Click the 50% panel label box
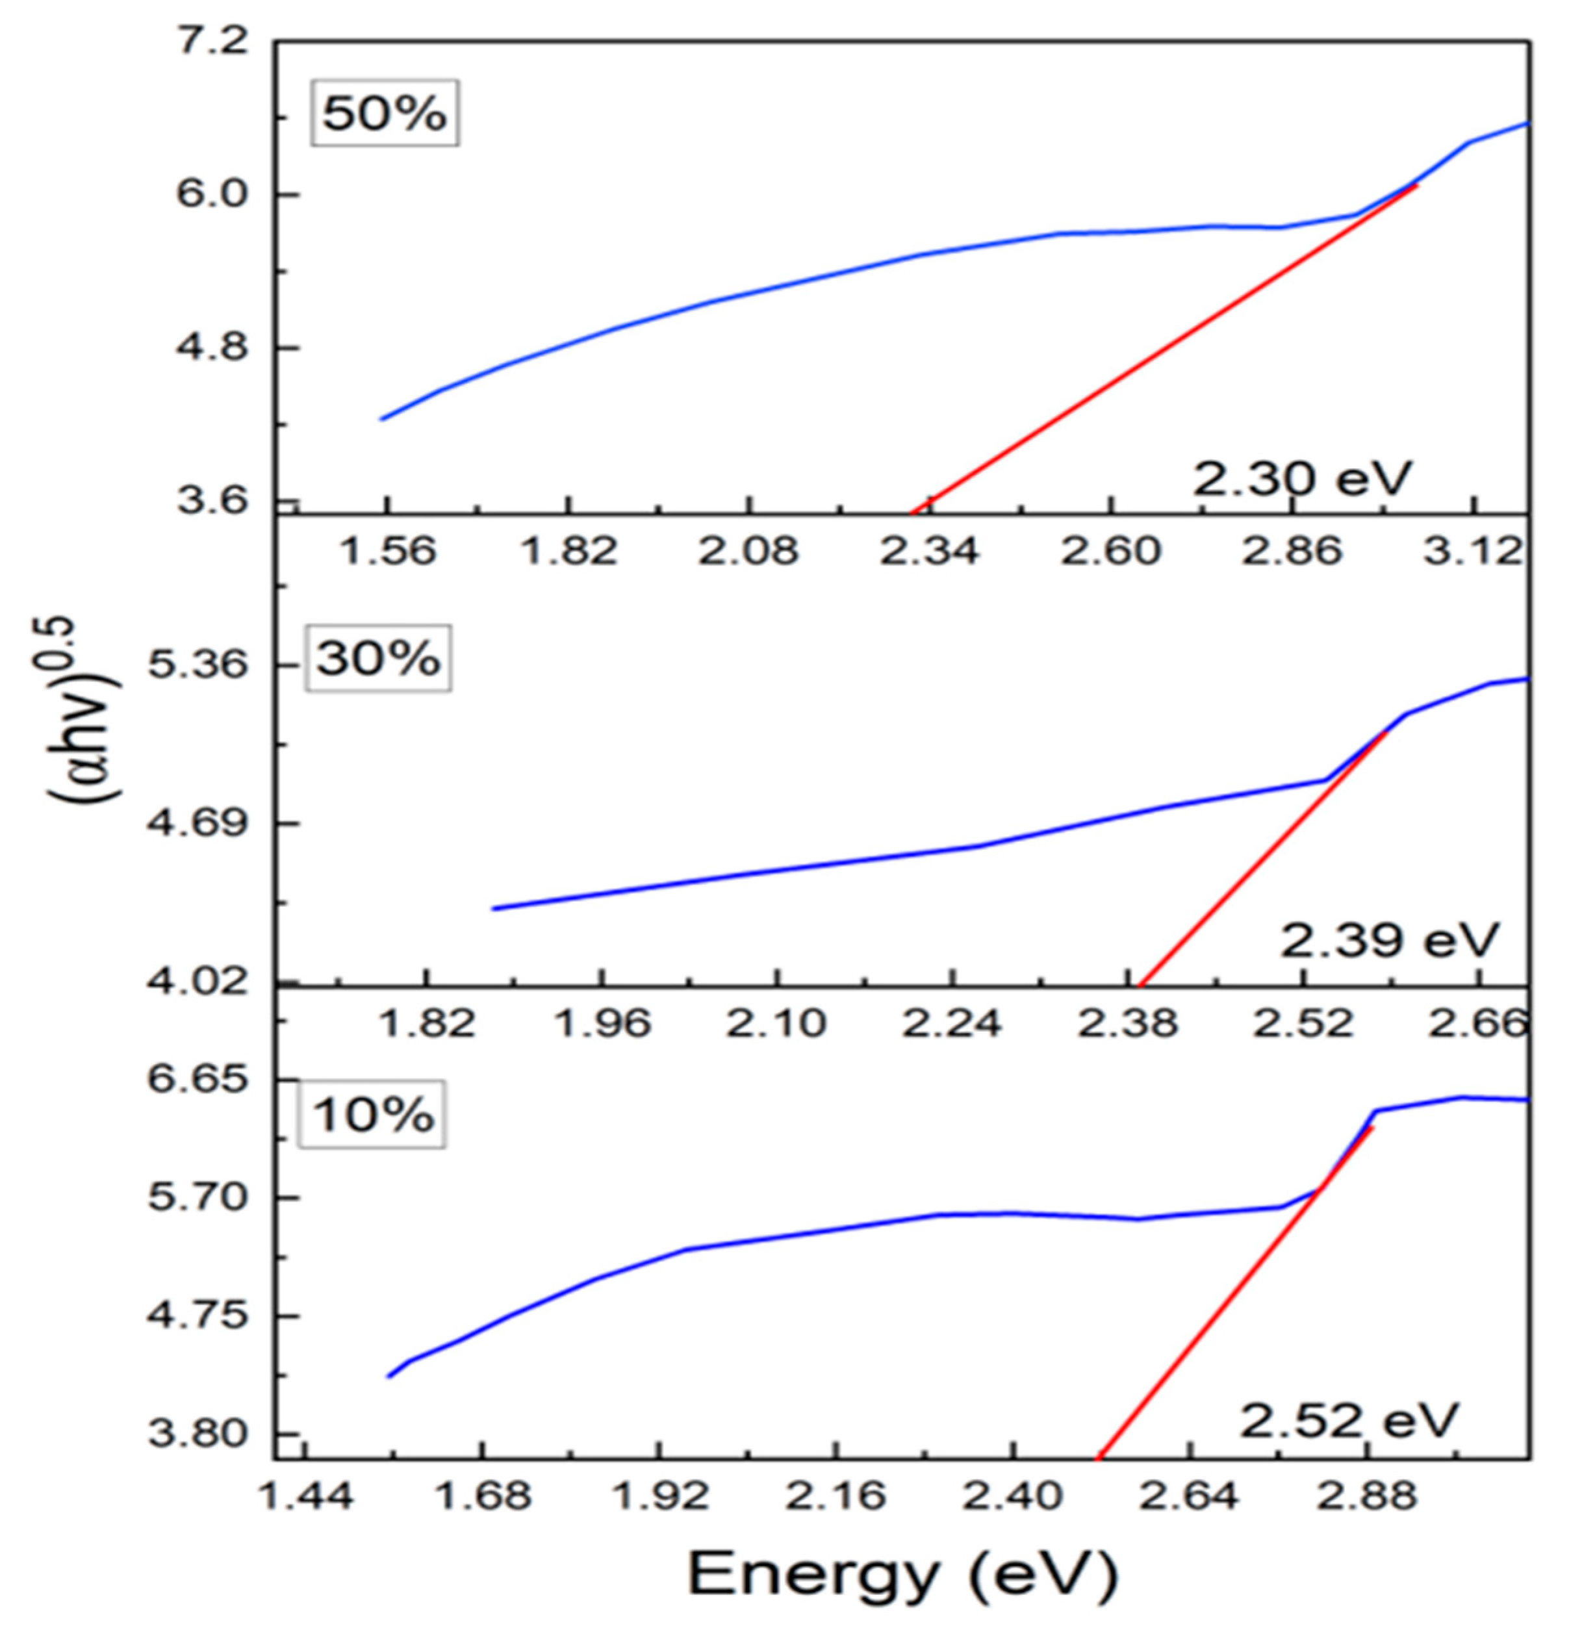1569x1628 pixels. (x=385, y=113)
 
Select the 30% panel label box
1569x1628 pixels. (x=379, y=659)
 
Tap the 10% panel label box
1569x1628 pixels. (x=373, y=1115)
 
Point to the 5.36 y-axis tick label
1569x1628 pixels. (x=199, y=665)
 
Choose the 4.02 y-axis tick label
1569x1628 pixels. (x=199, y=983)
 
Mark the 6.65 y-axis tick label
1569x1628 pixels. (x=199, y=1079)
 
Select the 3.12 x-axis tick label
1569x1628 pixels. (x=1473, y=552)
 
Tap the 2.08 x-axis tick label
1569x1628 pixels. (x=748, y=552)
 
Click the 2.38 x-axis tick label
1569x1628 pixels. (x=1127, y=1023)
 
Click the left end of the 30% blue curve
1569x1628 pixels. (x=494, y=909)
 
